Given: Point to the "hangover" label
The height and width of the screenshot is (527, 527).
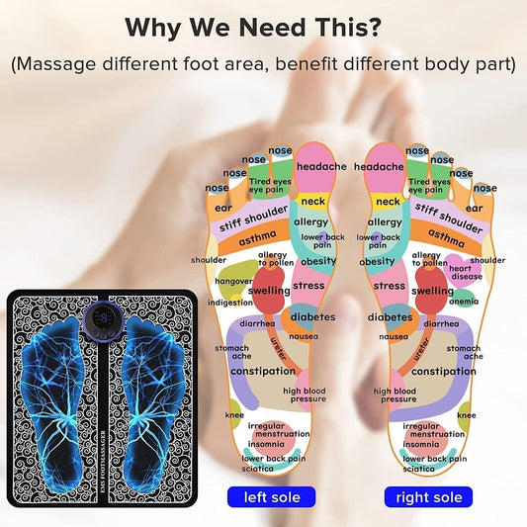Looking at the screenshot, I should pyautogui.click(x=234, y=281).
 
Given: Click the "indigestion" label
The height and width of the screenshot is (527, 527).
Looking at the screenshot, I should pyautogui.click(x=230, y=303).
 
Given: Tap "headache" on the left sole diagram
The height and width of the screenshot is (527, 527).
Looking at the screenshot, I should pyautogui.click(x=322, y=167).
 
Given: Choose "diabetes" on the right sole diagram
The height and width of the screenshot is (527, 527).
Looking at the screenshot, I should pyautogui.click(x=390, y=317).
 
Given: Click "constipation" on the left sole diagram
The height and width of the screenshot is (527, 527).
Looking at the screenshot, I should pyautogui.click(x=263, y=371).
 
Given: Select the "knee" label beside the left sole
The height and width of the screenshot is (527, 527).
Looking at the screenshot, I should pyautogui.click(x=234, y=416).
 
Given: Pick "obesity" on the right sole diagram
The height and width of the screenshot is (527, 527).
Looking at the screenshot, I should pyautogui.click(x=377, y=262).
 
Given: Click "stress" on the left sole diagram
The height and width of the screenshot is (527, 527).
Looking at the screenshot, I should pyautogui.click(x=308, y=286).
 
